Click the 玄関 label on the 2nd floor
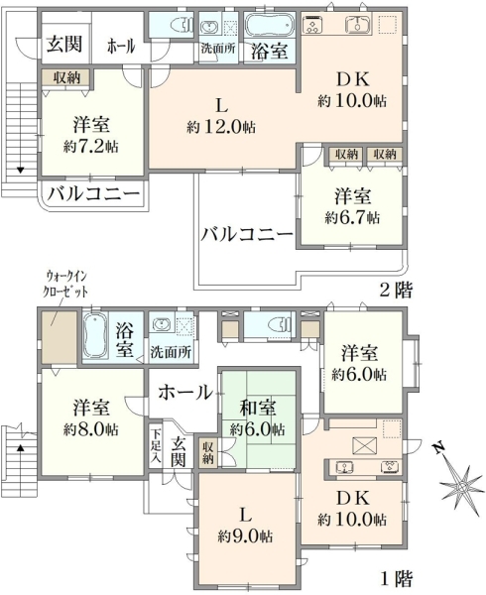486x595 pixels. click(x=64, y=45)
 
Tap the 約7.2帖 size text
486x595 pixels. click(x=91, y=147)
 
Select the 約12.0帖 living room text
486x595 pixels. click(x=221, y=127)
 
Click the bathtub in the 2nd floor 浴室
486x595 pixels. click(x=270, y=25)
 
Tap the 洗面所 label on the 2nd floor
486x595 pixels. click(x=218, y=49)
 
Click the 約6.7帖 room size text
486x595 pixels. click(x=352, y=218)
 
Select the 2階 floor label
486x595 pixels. click(x=396, y=290)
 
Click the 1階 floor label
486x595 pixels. click(x=396, y=578)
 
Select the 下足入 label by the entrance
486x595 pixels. click(x=155, y=444)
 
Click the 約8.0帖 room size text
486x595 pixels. click(x=91, y=429)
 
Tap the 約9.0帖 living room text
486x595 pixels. click(x=245, y=536)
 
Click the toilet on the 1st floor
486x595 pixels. click(x=279, y=324)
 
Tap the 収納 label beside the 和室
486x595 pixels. click(x=207, y=453)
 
